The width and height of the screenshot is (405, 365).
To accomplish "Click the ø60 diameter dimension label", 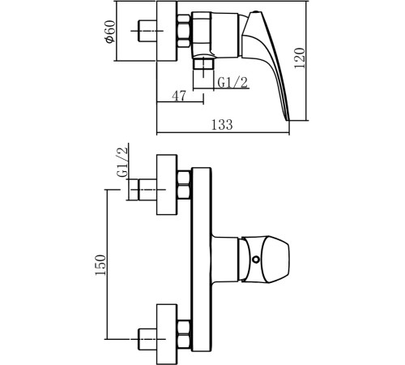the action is click(x=111, y=31).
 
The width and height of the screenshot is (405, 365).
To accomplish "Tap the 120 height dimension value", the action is click(x=300, y=58).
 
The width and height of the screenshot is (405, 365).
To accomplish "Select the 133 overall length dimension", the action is click(x=222, y=125).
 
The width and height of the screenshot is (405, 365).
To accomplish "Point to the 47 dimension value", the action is click(x=179, y=96).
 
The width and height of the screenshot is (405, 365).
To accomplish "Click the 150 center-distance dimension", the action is click(x=100, y=264).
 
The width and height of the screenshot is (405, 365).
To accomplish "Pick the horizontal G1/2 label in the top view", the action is click(x=232, y=83).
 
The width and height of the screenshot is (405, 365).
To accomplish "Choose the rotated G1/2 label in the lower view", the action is click(x=123, y=162).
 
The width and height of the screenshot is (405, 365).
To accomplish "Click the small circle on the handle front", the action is click(x=255, y=260).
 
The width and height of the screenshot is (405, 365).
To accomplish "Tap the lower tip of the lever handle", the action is click(x=288, y=120).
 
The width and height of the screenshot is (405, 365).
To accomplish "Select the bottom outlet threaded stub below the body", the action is click(x=203, y=67).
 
